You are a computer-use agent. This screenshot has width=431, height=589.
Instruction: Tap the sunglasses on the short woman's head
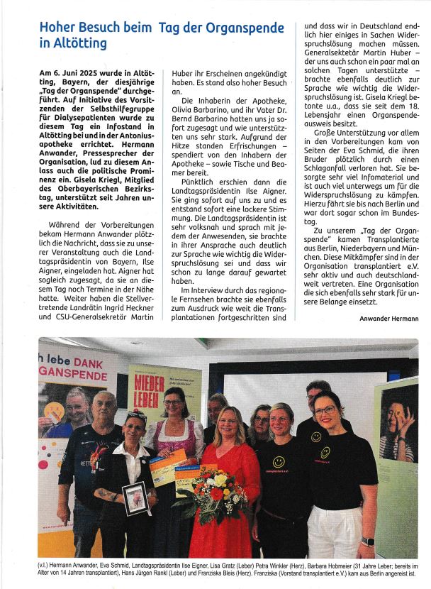coord(137,415)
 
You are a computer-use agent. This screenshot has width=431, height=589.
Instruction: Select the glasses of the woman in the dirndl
coord(172,402)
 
